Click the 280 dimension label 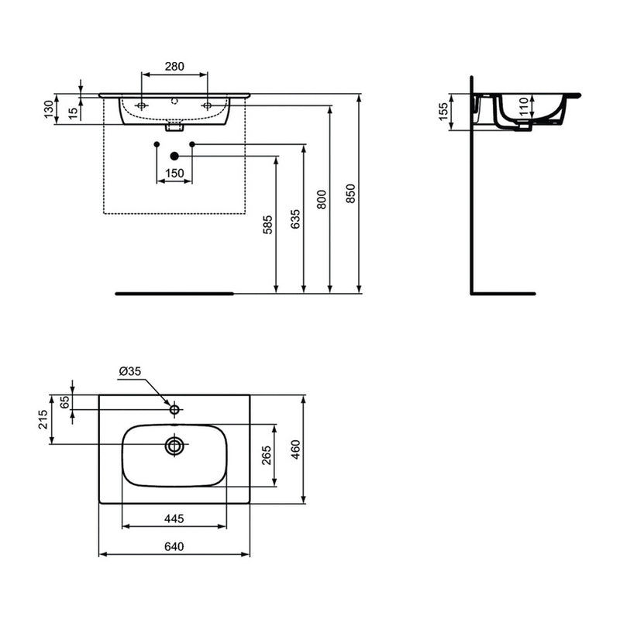pos(174,67)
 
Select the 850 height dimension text pos(350,193)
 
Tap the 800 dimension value pos(322,200)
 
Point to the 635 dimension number pos(295,219)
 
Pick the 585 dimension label pos(268,225)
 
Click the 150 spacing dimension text pos(174,173)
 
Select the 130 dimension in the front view pos(48,109)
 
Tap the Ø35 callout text pos(129,371)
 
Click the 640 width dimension pos(174,546)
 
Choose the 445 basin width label pos(174,518)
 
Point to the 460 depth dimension pos(295,449)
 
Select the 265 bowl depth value pos(267,455)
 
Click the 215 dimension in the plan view pos(43,419)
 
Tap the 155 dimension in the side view pos(443,112)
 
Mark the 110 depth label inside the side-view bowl pos(524,106)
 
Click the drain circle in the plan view pos(174,446)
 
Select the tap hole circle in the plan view pos(174,409)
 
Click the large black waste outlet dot pos(174,157)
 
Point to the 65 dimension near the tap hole pos(64,401)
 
